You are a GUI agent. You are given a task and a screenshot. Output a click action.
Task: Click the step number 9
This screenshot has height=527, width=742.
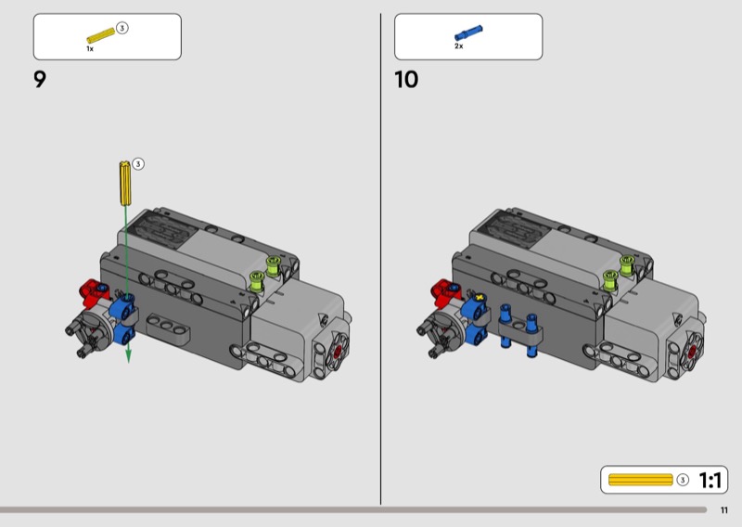pos(40,79)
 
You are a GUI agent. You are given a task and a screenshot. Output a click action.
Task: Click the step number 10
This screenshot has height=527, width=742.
pos(406,79)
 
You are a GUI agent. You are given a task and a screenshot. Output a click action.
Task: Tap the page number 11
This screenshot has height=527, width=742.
pos(724,510)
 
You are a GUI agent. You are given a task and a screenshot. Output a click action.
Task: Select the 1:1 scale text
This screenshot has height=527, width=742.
pos(710,480)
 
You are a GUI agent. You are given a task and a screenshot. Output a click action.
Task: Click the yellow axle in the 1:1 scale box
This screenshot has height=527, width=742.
pos(640,480)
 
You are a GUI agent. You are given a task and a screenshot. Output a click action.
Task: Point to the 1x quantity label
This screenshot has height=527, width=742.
pos(90,49)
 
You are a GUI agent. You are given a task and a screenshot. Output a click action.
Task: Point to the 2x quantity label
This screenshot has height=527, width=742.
pos(458,46)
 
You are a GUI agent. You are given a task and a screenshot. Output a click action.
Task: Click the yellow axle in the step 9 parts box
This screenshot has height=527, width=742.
pos(101,35)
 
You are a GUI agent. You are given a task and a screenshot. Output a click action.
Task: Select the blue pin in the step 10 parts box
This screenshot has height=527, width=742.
pos(468,32)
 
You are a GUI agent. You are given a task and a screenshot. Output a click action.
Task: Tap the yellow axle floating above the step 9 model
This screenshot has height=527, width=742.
pos(125,183)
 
